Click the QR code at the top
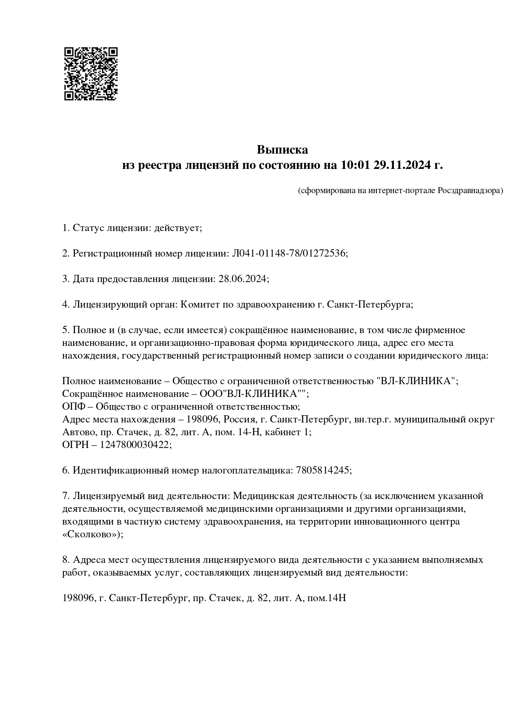(91, 74)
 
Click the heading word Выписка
(282, 150)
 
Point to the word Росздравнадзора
(470, 191)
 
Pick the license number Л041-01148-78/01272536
(289, 254)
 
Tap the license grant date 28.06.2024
(243, 279)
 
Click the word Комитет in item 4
(199, 305)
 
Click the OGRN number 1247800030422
(135, 445)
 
